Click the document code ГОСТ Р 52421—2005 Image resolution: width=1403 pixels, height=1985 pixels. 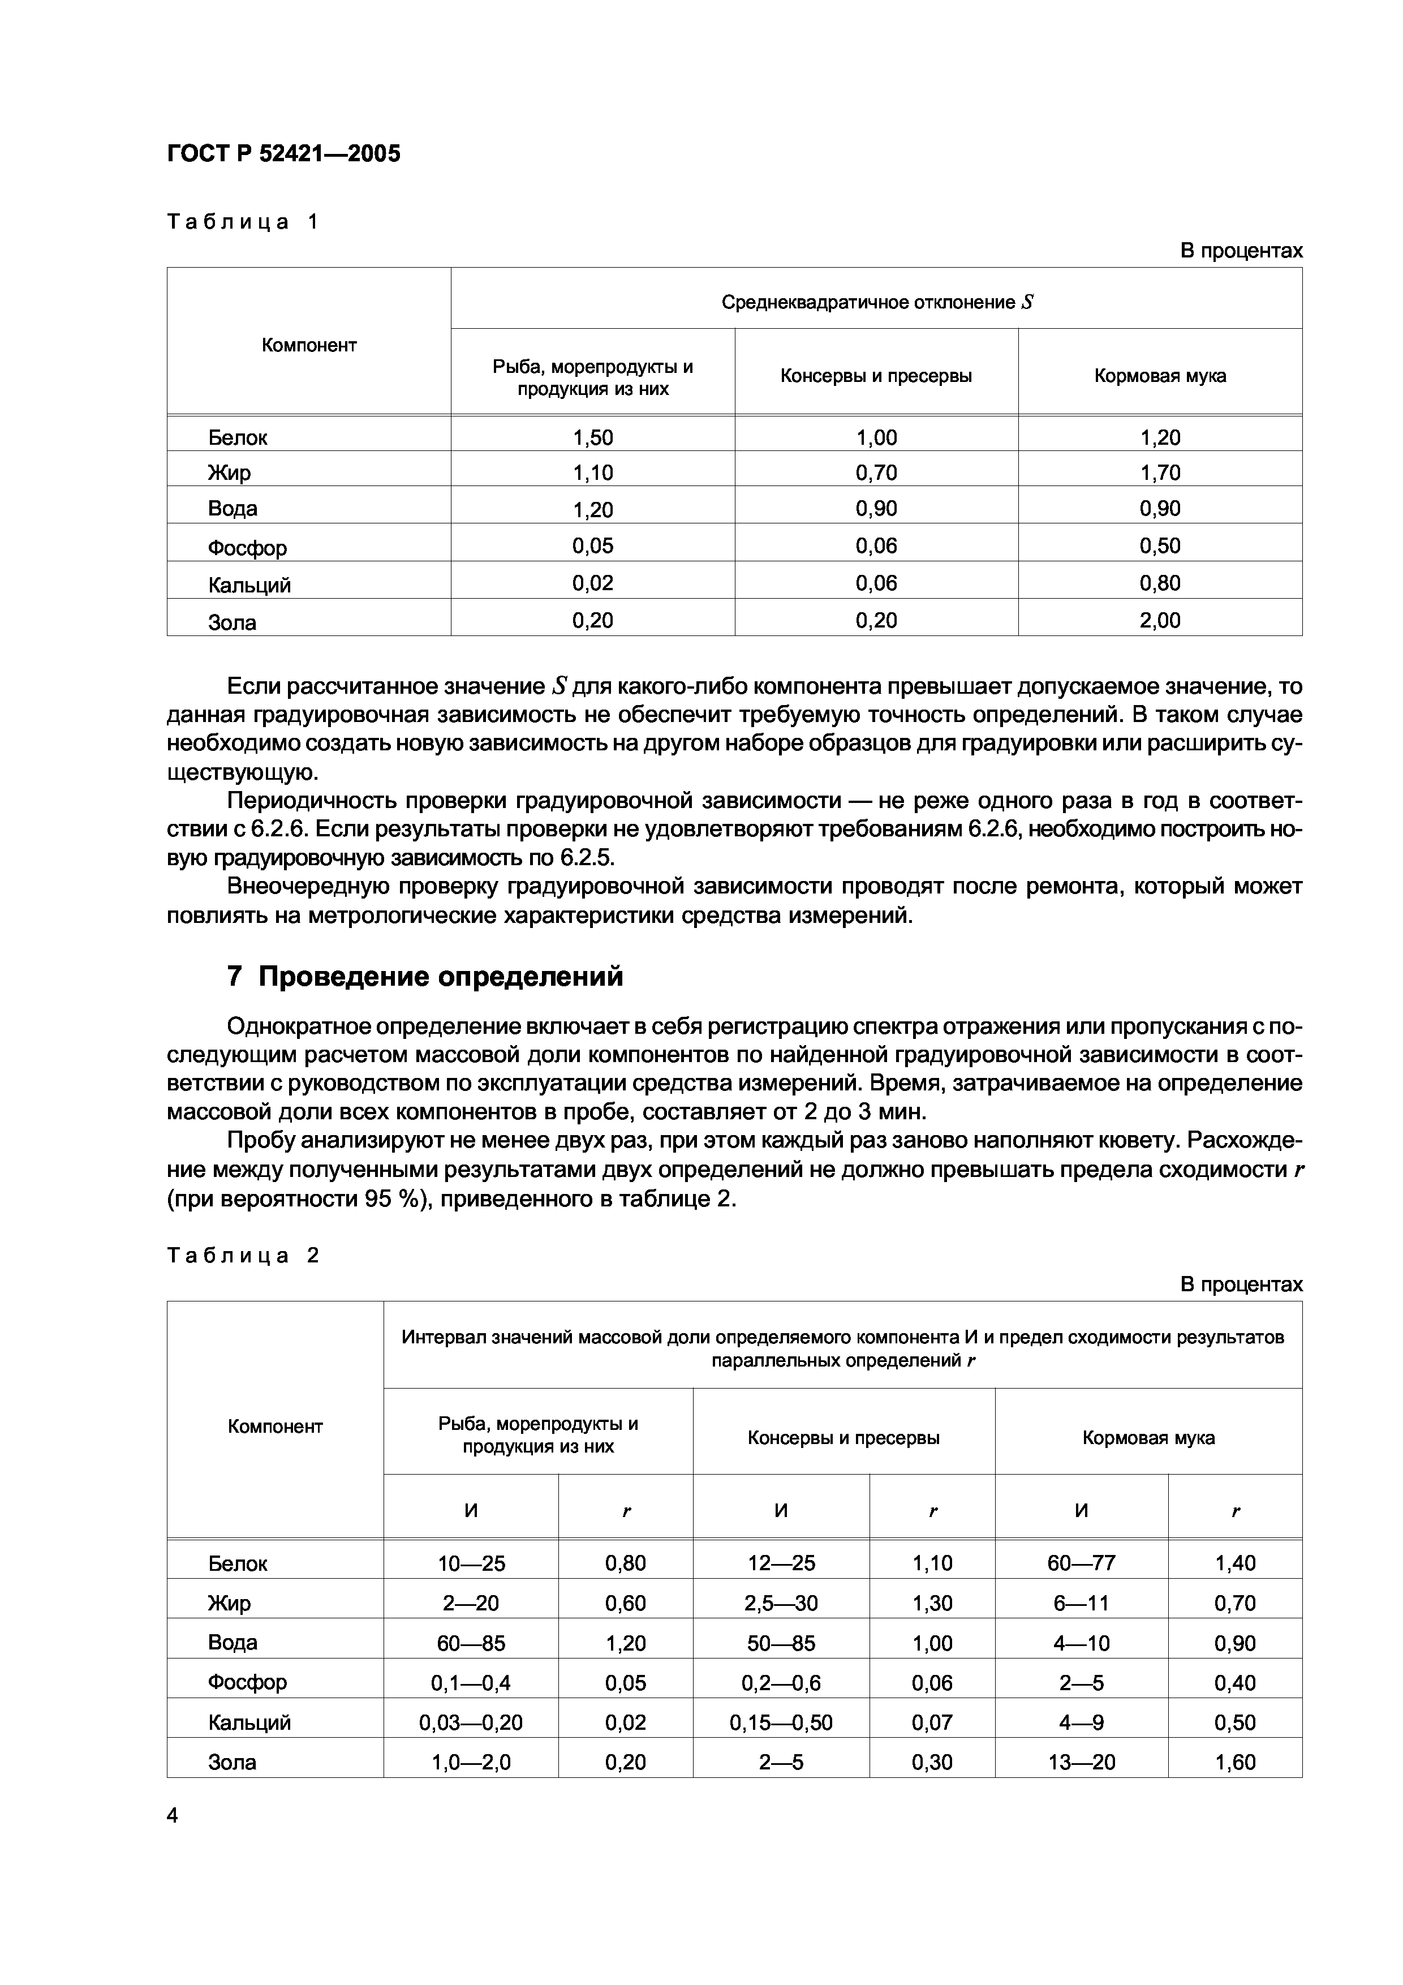283,154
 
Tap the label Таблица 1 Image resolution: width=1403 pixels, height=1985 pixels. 242,222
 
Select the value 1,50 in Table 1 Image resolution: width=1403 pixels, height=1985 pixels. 592,437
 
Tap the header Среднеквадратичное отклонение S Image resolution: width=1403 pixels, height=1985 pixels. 876,303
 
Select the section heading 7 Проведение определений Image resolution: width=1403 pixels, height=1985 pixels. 424,977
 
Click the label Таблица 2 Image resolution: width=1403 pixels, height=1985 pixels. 242,1255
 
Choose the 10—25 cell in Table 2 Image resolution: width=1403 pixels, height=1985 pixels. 471,1563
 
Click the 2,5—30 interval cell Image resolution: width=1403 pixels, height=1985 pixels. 781,1603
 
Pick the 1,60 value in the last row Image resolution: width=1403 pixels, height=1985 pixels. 1234,1762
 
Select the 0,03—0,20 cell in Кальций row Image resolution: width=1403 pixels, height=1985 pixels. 471,1722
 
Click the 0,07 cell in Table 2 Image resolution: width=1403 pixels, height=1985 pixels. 932,1722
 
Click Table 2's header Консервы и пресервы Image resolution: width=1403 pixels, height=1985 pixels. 843,1438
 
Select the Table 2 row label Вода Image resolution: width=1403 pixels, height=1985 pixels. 233,1643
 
